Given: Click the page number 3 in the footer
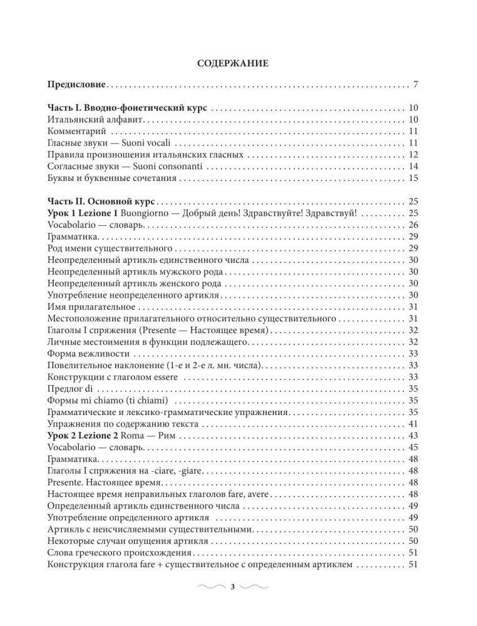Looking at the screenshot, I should (x=232, y=587).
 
